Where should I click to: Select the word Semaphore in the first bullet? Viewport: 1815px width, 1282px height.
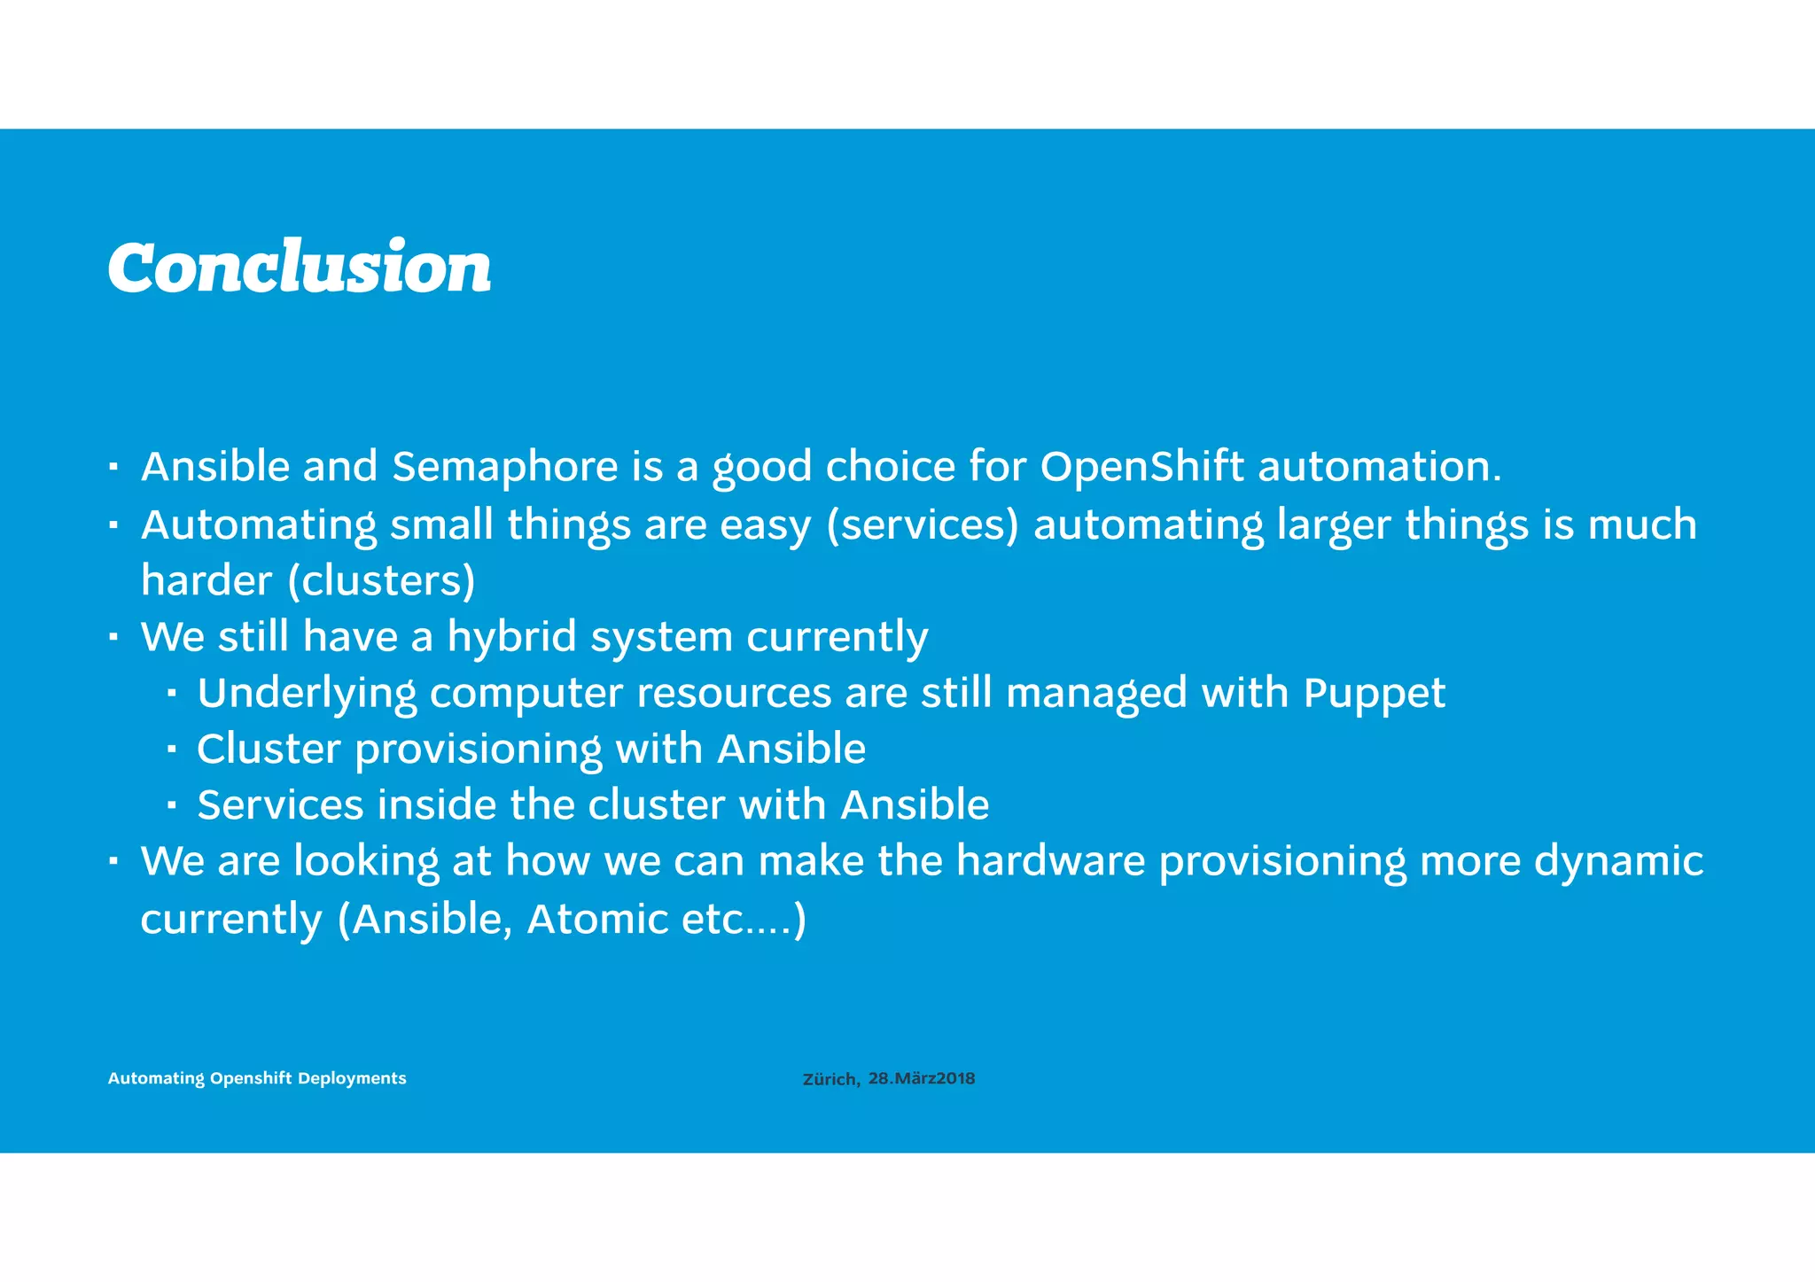[505, 467]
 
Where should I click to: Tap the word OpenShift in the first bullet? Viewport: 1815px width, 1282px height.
[1141, 467]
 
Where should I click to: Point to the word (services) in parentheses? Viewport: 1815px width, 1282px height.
[923, 525]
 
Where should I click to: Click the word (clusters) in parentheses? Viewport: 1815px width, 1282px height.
[382, 581]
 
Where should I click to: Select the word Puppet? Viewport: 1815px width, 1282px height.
[1375, 694]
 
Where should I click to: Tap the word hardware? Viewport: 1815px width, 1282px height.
[1051, 861]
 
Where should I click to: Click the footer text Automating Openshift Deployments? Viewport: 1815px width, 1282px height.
[257, 1078]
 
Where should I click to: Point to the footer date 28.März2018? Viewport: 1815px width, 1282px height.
[922, 1078]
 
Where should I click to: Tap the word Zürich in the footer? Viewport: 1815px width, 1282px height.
[830, 1079]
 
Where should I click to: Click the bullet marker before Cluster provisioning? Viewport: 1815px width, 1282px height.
[171, 750]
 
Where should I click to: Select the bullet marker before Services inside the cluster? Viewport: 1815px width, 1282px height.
[171, 806]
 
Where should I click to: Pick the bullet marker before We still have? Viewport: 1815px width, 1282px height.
[113, 638]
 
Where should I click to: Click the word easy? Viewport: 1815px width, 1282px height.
[766, 525]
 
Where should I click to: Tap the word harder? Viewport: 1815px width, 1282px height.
[206, 581]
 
